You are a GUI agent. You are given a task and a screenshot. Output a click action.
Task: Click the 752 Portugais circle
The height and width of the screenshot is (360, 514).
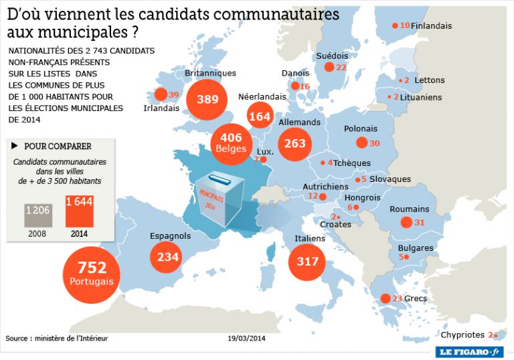pyautogui.click(x=92, y=273)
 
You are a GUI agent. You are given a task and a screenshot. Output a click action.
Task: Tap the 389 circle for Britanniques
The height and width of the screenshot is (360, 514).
pyautogui.click(x=207, y=100)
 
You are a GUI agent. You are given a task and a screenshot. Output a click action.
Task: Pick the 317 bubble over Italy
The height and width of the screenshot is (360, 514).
pyautogui.click(x=307, y=261)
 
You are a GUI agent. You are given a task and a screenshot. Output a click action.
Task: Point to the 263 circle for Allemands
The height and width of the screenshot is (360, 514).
pyautogui.click(x=294, y=143)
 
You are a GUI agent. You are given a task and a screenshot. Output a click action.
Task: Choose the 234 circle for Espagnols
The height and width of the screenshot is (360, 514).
pyautogui.click(x=168, y=256)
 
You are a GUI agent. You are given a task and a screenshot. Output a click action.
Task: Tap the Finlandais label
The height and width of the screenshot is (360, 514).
pyautogui.click(x=431, y=26)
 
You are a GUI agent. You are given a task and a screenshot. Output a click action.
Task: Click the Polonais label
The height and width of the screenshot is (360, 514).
pyautogui.click(x=361, y=128)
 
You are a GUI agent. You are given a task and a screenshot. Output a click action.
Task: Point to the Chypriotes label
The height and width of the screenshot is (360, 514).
pyautogui.click(x=463, y=335)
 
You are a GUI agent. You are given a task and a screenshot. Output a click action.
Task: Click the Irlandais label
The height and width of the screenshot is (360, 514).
pyautogui.click(x=161, y=108)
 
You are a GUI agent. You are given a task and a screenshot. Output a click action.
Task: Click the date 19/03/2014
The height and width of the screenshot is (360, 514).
pyautogui.click(x=246, y=339)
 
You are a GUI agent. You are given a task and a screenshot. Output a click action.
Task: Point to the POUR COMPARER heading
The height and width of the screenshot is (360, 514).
pyautogui.click(x=58, y=147)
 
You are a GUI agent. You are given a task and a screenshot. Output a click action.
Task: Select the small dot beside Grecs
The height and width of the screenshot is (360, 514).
pyautogui.click(x=385, y=298)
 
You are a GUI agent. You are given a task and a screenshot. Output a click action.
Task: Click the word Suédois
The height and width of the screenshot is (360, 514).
pyautogui.click(x=332, y=56)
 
